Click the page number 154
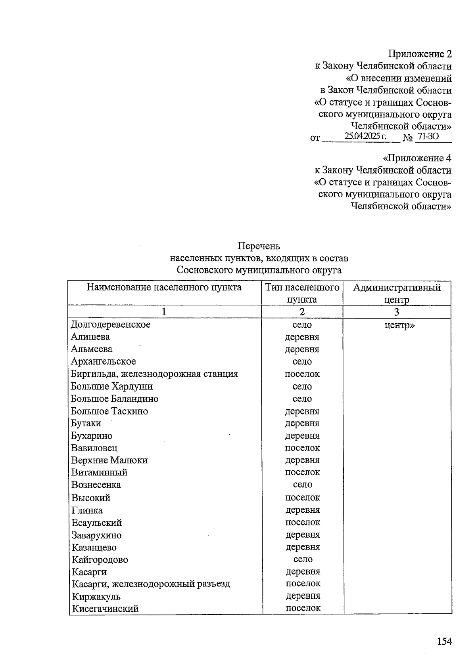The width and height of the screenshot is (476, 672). [444, 641]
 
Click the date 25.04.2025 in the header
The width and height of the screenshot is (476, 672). [365, 137]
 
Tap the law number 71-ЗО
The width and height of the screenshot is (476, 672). [428, 137]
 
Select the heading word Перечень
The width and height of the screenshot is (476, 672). [259, 246]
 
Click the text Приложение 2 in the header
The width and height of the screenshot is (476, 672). [420, 54]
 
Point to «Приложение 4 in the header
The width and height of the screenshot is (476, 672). [416, 158]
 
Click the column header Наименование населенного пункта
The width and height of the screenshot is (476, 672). [164, 287]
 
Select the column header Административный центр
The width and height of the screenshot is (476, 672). [397, 293]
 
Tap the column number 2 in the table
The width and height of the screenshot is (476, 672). [302, 312]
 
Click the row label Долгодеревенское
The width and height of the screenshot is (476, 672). [111, 325]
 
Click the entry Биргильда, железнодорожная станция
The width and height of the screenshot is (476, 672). [154, 374]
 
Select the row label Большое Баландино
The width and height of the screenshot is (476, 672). [115, 399]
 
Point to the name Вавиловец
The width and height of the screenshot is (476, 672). [94, 448]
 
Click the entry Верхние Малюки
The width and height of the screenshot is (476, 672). [109, 460]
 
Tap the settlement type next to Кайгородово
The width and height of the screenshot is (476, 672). [303, 559]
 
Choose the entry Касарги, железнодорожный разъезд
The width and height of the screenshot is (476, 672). [151, 584]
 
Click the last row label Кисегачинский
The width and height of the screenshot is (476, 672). [105, 608]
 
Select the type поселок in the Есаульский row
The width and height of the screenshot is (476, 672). [303, 522]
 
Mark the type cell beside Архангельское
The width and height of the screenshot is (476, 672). [302, 361]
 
